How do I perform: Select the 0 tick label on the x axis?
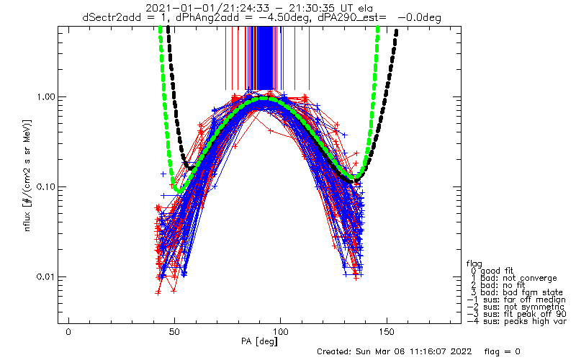point(68,332)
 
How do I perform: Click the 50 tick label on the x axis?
point(174,332)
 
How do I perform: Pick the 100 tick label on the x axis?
point(280,332)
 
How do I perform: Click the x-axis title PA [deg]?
point(259,341)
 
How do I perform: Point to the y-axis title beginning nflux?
point(28,176)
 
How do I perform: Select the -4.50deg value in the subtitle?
point(285,17)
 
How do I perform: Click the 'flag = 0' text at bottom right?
point(502,352)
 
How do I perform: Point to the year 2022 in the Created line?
point(460,352)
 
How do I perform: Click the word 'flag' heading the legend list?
point(474,264)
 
